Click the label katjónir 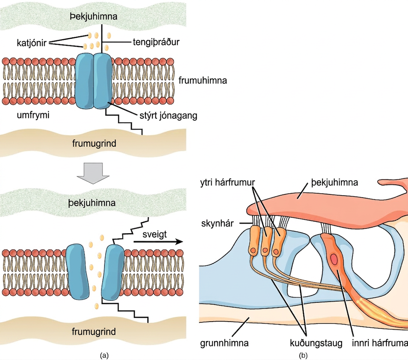point(32,43)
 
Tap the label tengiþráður point(156,42)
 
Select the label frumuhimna point(203,80)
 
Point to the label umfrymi point(33,115)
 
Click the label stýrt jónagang point(168,116)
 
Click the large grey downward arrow point(93,173)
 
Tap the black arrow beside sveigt point(158,242)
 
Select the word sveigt point(154,234)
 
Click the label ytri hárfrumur point(227,182)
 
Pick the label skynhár point(217,223)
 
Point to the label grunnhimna point(224,343)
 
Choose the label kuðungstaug point(316,343)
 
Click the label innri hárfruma point(380,343)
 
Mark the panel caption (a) point(104,355)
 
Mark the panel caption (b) point(303,355)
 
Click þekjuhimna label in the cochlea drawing point(335,182)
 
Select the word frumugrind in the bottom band point(94,332)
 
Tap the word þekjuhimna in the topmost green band point(94,17)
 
